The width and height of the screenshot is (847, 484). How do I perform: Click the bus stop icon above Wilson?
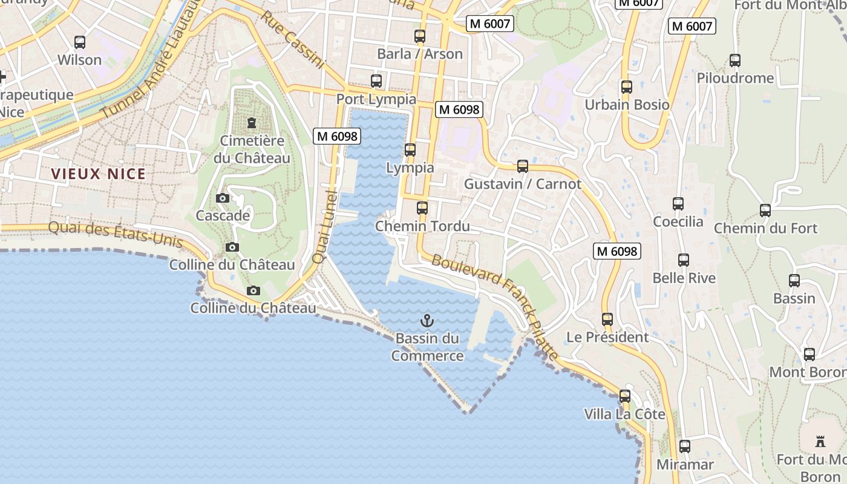pos(80,42)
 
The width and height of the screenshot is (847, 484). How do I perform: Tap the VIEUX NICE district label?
pos(98,174)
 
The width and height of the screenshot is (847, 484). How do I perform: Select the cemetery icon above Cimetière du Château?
pos(251,123)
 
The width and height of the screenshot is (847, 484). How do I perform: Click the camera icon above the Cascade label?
pos(223,198)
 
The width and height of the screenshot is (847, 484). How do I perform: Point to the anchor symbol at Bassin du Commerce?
pos(427,320)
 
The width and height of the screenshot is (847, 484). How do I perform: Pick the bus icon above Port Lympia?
pos(376,80)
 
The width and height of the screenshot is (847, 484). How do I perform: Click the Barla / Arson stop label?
pos(420,54)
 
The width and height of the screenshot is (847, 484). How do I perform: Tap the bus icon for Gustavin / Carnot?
pos(523,166)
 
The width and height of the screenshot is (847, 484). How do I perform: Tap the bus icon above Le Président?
pos(607,319)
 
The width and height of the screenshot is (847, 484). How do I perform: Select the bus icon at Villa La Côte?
pos(625,397)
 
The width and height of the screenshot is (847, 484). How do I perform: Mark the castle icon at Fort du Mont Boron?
pos(820,441)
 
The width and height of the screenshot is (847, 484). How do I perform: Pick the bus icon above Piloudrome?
pos(735,60)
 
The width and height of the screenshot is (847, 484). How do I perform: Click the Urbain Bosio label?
pos(627,105)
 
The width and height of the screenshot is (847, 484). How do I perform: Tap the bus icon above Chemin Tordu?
pos(422,208)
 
